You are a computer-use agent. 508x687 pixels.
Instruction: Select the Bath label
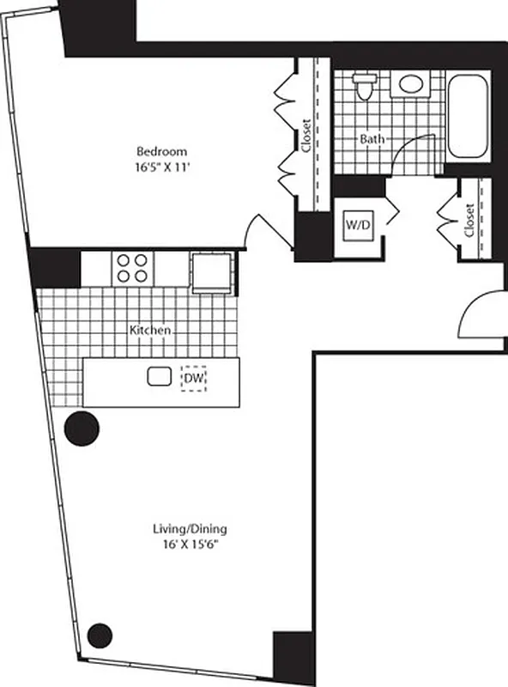pyautogui.click(x=372, y=138)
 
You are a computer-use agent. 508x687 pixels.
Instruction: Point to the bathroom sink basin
pyautogui.click(x=411, y=84)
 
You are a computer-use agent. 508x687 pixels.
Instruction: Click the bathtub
pyautogui.click(x=468, y=116)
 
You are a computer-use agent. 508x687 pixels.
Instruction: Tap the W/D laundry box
pyautogui.click(x=358, y=225)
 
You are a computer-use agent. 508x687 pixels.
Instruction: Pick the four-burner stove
pyautogui.click(x=131, y=268)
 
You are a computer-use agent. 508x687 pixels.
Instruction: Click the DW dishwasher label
pyautogui.click(x=193, y=377)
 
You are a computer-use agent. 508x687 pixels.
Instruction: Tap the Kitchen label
pyautogui.click(x=149, y=330)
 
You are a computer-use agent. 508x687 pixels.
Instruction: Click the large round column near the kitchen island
pyautogui.click(x=82, y=428)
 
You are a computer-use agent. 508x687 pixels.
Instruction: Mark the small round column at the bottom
pyautogui.click(x=100, y=635)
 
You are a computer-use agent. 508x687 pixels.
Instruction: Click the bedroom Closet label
pyautogui.click(x=306, y=135)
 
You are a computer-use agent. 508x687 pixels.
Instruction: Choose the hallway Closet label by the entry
pyautogui.click(x=469, y=220)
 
